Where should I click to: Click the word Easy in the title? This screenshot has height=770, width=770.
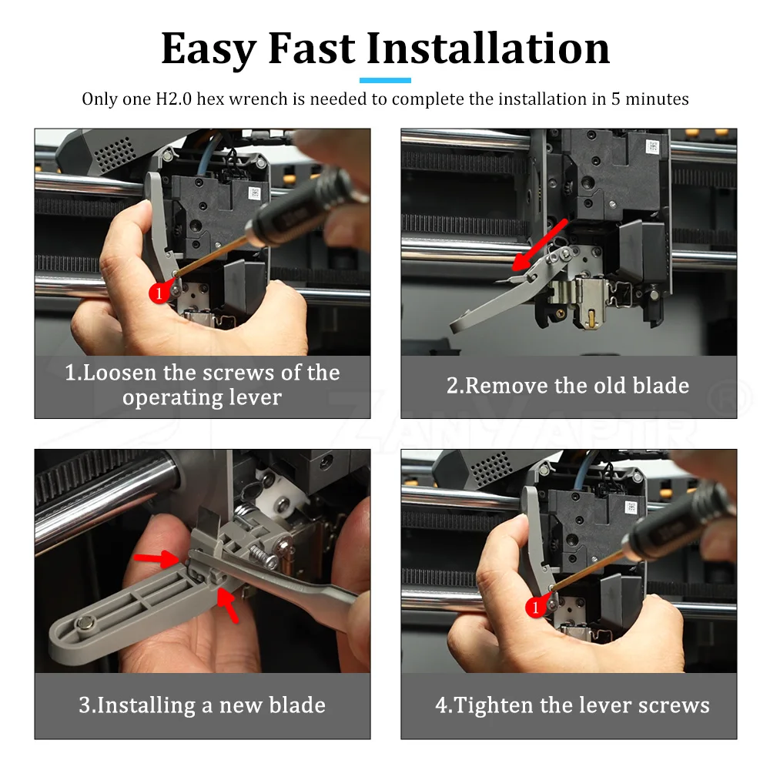pyautogui.click(x=209, y=49)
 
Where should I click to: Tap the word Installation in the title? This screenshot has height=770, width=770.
pyautogui.click(x=488, y=48)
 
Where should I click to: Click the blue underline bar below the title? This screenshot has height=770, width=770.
pyautogui.click(x=385, y=80)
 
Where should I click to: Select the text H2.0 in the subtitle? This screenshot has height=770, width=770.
pyautogui.click(x=174, y=99)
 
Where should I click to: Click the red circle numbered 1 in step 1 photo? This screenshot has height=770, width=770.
pyautogui.click(x=159, y=293)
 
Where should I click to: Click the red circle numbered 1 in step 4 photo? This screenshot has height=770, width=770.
pyautogui.click(x=535, y=608)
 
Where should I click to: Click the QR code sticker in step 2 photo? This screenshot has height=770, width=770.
pyautogui.click(x=652, y=146)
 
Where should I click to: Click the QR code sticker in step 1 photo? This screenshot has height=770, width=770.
pyautogui.click(x=254, y=192)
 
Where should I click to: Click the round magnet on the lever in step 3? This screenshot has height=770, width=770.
pyautogui.click(x=84, y=624)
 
